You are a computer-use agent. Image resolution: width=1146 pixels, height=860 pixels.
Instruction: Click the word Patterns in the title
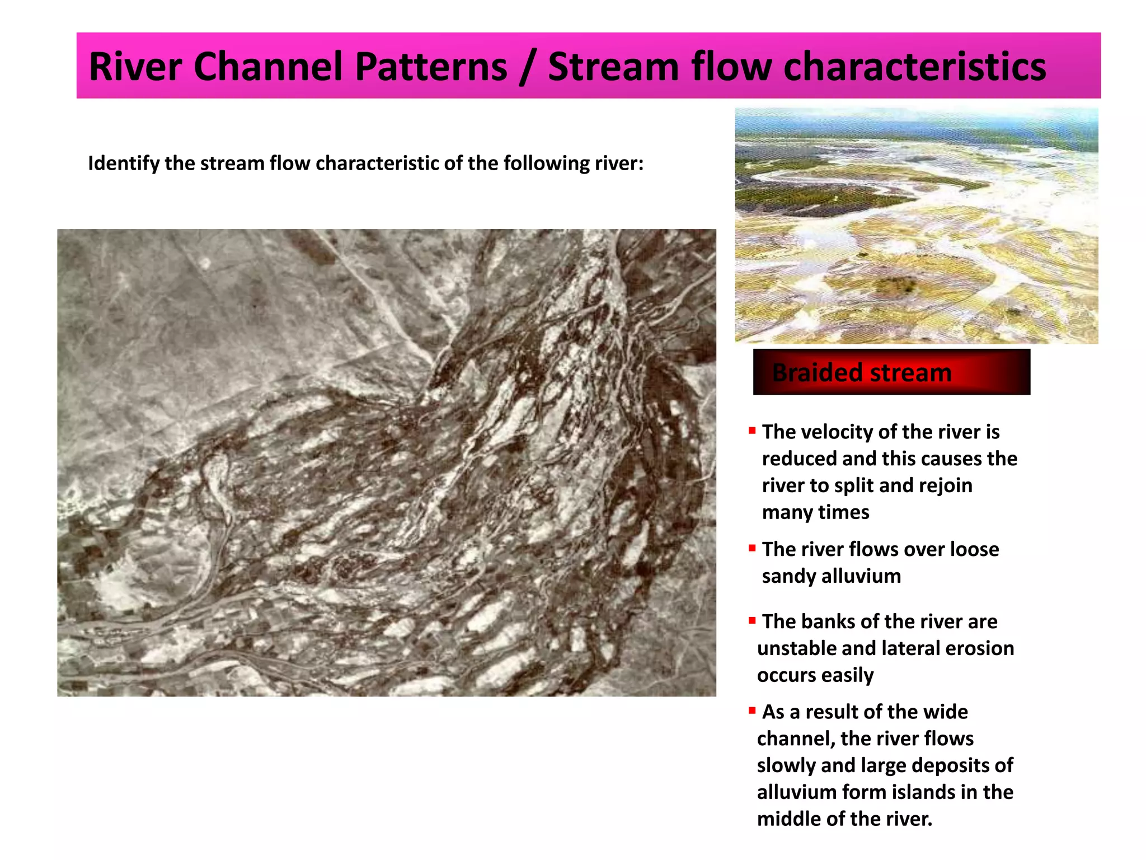[x=431, y=67]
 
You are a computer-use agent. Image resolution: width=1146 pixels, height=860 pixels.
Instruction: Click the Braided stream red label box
[x=891, y=372]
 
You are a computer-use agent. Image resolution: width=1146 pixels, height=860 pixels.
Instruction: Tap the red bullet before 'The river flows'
[x=752, y=548]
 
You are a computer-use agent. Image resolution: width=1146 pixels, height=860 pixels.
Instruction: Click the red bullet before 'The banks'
[x=752, y=620]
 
